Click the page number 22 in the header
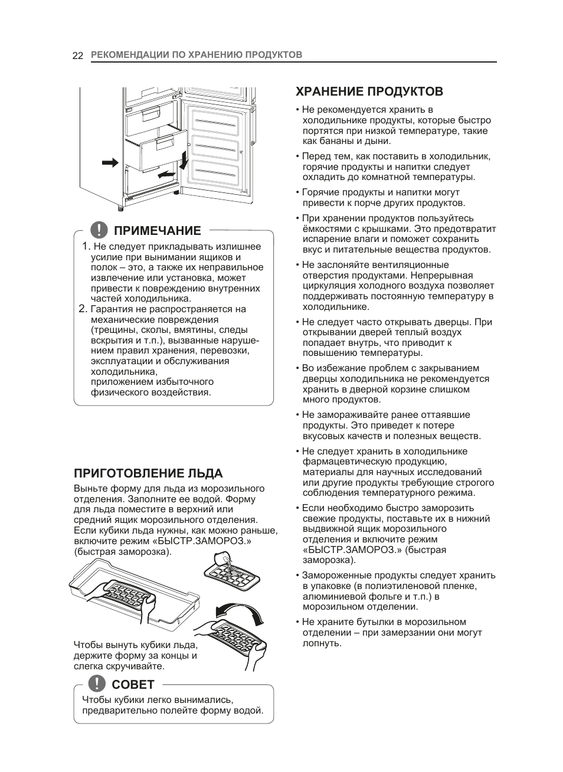(x=77, y=55)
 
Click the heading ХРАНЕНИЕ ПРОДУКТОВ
(x=369, y=91)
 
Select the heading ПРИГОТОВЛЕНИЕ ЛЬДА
(x=148, y=473)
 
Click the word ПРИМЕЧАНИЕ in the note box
(x=157, y=230)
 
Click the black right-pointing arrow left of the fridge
(x=110, y=162)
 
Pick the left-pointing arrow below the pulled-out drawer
(x=166, y=175)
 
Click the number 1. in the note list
(x=86, y=247)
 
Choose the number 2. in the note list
(x=83, y=309)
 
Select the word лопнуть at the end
(x=322, y=643)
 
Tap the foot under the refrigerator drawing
(x=121, y=207)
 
